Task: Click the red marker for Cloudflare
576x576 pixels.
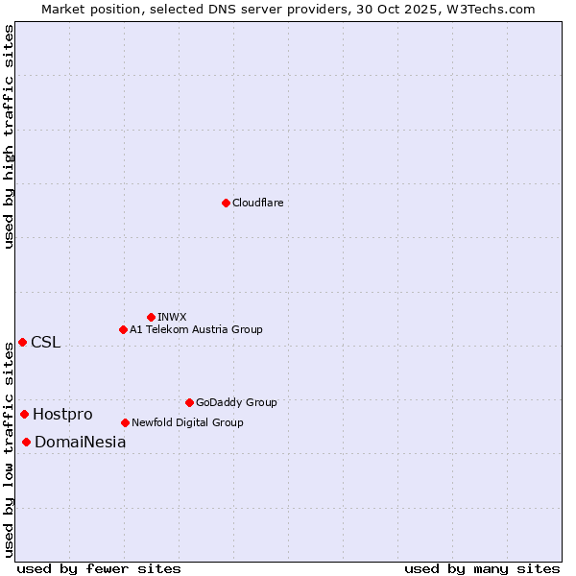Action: [226, 203]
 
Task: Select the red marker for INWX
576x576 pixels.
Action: [151, 317]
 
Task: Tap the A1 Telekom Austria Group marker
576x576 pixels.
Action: [123, 329]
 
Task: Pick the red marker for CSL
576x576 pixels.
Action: [22, 342]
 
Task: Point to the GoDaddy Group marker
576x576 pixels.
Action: [189, 402]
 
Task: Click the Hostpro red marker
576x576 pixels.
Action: [24, 414]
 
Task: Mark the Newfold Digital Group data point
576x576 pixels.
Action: [125, 422]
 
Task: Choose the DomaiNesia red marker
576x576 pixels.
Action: [26, 442]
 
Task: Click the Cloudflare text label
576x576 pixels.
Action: [257, 203]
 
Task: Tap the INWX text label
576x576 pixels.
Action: [172, 317]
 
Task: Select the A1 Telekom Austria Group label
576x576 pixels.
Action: [196, 329]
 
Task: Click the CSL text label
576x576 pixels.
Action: [45, 343]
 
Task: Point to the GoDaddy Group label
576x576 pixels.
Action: [236, 402]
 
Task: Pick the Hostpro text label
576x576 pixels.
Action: [62, 415]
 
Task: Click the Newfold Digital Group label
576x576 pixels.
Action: [187, 422]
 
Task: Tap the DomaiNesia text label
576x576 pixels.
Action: [80, 443]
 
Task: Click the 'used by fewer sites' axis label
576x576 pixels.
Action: [99, 568]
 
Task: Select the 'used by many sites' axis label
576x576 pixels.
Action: [482, 568]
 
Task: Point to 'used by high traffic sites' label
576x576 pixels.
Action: [9, 136]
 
